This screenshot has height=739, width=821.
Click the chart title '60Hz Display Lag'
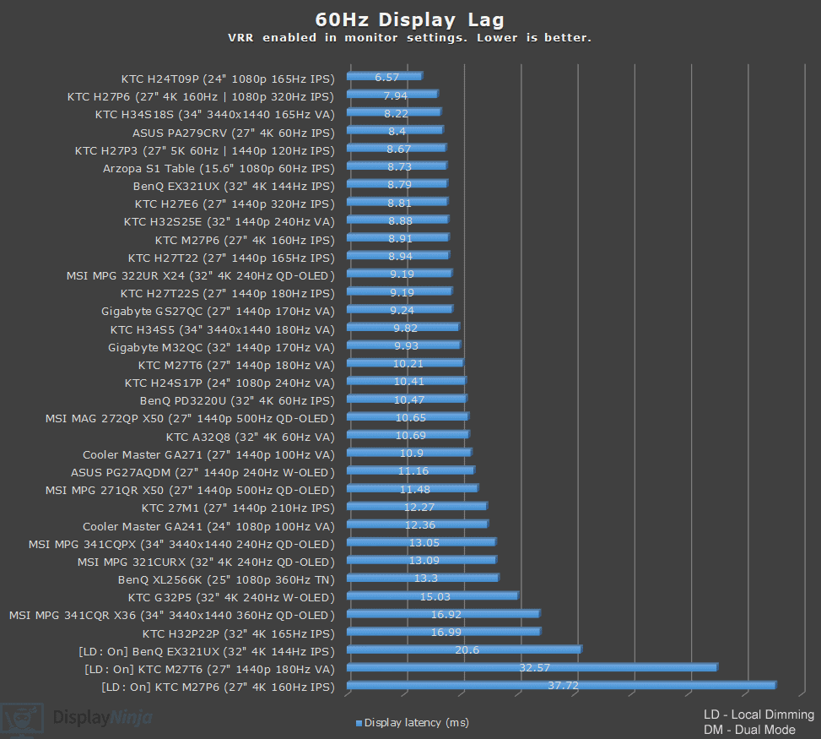click(410, 19)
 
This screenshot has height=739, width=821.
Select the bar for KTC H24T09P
click(384, 77)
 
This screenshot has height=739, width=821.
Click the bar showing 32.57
click(532, 667)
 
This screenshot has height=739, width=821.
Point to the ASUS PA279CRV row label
click(233, 132)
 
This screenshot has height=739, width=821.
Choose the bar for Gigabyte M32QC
click(402, 345)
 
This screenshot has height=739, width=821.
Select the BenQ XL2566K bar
click(422, 579)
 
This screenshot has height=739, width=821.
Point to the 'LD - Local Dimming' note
click(758, 715)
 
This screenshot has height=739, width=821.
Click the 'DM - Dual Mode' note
click(748, 730)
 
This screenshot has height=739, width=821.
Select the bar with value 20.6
click(463, 649)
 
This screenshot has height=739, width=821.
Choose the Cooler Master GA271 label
click(208, 454)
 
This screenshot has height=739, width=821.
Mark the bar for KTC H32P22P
click(443, 632)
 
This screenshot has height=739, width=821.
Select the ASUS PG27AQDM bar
click(410, 471)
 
